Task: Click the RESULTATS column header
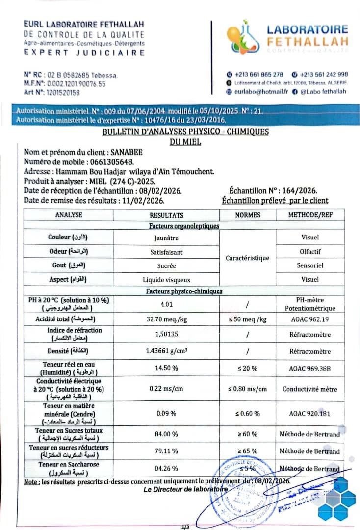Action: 166,215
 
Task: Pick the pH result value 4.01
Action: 167,304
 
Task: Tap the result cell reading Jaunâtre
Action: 166,238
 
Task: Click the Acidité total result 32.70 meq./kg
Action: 166,319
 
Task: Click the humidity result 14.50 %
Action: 166,368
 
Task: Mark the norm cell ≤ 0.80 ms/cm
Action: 248,389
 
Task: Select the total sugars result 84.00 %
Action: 166,434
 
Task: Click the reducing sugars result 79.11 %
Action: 166,451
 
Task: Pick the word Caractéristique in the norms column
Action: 248,258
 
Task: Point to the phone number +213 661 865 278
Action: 258,74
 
